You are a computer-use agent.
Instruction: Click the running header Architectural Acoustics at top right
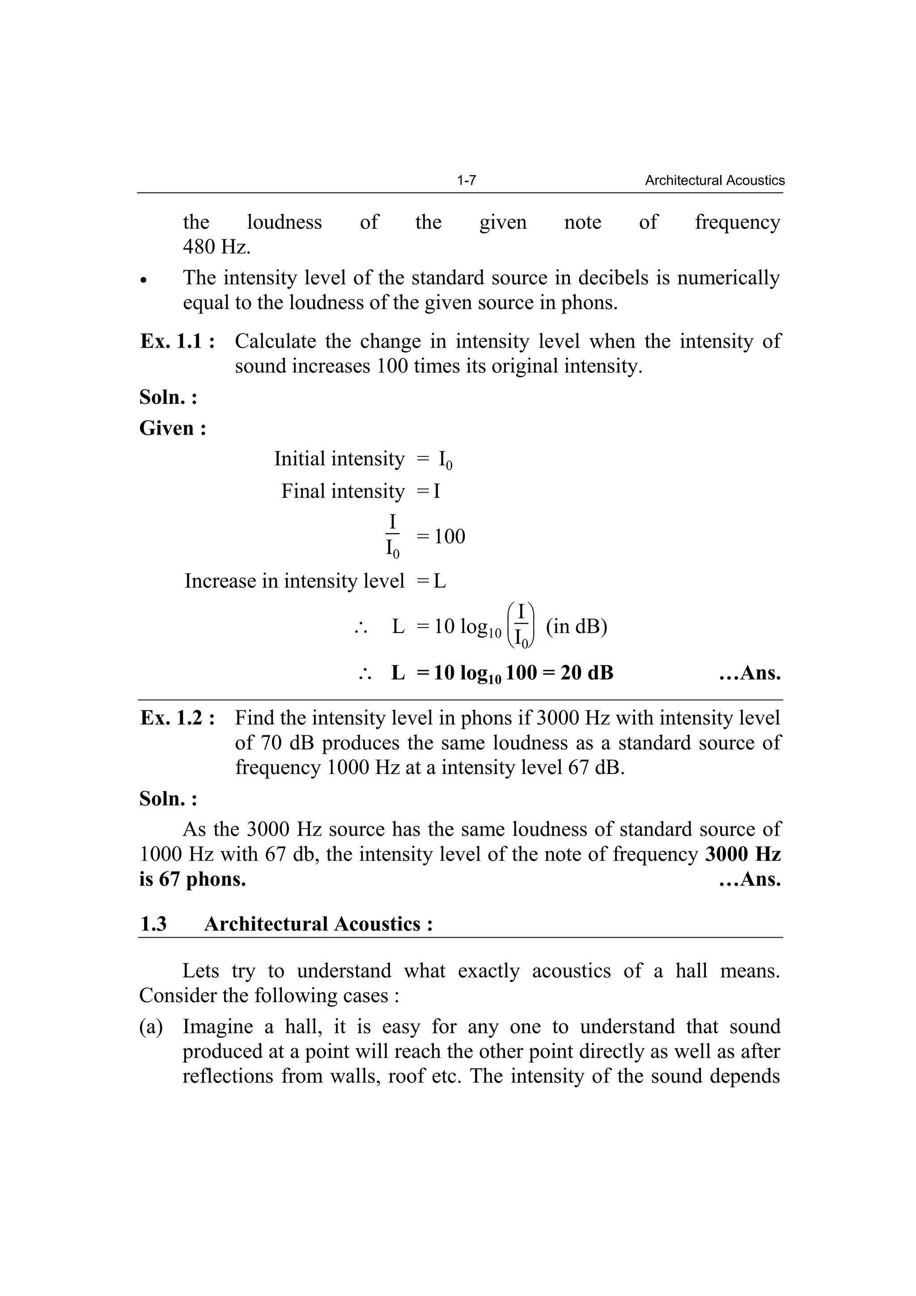point(715,181)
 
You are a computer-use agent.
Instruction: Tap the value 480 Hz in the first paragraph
point(217,246)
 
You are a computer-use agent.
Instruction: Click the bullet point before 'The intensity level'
point(144,280)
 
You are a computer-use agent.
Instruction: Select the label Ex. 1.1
point(177,341)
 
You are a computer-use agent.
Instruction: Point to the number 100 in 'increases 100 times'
point(392,366)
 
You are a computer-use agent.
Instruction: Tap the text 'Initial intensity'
point(339,459)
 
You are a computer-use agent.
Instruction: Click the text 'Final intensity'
point(343,491)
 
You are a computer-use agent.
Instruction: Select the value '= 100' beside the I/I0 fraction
point(441,536)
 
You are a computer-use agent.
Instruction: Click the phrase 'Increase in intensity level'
point(294,581)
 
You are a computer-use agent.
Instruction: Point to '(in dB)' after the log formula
point(576,627)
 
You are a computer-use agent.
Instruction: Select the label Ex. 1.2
point(177,718)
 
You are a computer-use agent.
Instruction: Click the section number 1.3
point(153,924)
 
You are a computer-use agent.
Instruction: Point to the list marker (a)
point(151,1026)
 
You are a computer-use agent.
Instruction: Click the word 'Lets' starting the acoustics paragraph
point(201,971)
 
